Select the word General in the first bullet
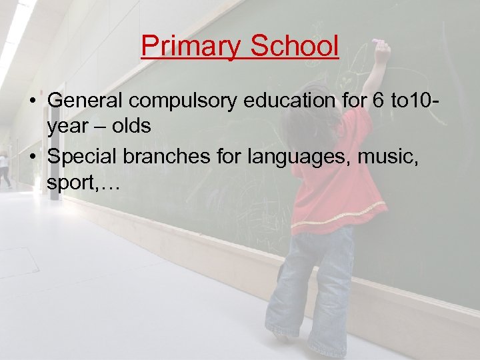(x=87, y=101)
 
